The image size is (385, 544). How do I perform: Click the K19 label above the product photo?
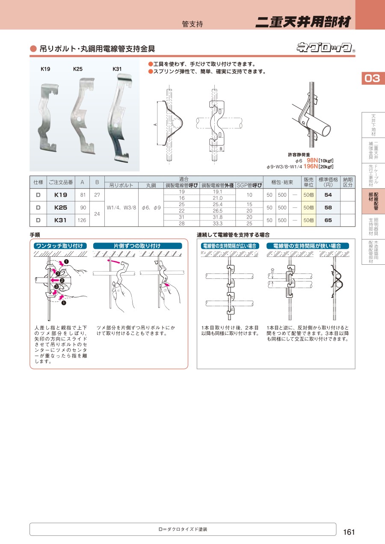point(45,69)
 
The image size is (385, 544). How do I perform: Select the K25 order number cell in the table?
point(61,208)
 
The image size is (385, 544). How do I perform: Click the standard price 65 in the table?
point(328,220)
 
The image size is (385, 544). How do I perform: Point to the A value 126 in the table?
point(82,220)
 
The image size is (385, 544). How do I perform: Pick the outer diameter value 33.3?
point(217,223)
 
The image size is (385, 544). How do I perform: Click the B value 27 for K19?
point(97,195)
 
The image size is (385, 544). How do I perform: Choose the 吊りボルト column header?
point(121,185)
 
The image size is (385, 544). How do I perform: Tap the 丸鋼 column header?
point(151,185)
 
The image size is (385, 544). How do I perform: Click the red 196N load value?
point(311,166)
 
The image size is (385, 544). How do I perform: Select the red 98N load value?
point(312,160)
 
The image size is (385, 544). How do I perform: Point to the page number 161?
point(349,532)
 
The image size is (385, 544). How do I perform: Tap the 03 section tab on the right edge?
point(372,78)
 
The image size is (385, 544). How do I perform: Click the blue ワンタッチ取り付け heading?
point(60,246)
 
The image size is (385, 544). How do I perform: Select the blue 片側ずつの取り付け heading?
point(137,246)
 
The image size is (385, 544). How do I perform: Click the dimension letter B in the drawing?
point(221,149)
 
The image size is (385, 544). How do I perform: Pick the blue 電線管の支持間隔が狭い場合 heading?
point(308,246)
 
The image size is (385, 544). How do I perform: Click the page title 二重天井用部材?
point(303,22)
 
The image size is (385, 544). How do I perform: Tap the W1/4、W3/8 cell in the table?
point(121,208)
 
